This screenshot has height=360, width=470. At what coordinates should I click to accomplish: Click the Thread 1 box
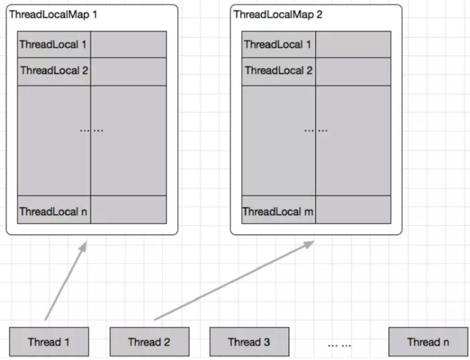click(49, 342)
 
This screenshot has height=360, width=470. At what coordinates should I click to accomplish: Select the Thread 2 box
click(149, 342)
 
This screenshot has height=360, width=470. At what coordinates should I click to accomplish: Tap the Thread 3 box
click(249, 342)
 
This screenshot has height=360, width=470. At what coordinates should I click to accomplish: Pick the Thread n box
click(428, 342)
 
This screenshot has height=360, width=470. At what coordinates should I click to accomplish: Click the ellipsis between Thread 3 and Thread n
click(340, 344)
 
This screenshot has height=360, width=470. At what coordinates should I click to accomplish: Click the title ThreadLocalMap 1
click(53, 15)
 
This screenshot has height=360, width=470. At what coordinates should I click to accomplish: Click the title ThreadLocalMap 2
click(278, 15)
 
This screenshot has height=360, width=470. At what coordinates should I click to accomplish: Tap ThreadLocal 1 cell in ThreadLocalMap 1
click(54, 44)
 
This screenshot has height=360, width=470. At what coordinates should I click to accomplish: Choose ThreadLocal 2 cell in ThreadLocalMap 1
click(54, 71)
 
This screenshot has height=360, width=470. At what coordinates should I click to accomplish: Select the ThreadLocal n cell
click(54, 211)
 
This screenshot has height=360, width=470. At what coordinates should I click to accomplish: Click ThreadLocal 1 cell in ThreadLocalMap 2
click(278, 44)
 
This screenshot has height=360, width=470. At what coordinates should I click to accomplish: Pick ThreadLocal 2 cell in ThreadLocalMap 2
click(278, 71)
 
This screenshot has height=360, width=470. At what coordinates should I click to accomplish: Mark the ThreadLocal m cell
click(278, 211)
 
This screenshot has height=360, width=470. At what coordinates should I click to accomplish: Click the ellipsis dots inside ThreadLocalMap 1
click(91, 130)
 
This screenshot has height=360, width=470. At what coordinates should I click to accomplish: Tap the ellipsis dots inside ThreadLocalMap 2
click(316, 130)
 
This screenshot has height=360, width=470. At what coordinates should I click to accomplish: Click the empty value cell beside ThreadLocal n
click(128, 210)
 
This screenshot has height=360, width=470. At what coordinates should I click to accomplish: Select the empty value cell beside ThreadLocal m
click(353, 210)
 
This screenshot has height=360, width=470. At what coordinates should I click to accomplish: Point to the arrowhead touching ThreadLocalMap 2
click(309, 244)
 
